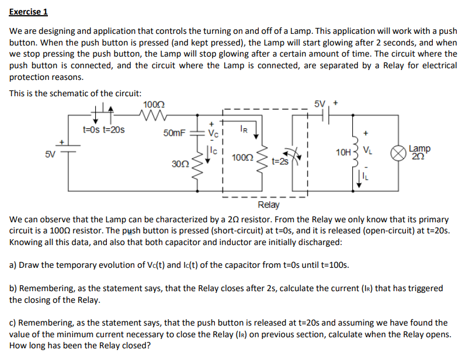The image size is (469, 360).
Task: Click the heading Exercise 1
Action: pyautogui.click(x=29, y=12)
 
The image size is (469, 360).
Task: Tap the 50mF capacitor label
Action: pyautogui.click(x=175, y=132)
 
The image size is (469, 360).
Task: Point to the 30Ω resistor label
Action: pyautogui.click(x=180, y=164)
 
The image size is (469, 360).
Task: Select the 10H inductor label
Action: pyautogui.click(x=343, y=153)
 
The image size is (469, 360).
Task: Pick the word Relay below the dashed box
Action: pyautogui.click(x=268, y=205)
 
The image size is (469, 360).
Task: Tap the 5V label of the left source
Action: pyautogui.click(x=51, y=155)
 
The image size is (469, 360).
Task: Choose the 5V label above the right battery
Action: pyautogui.click(x=320, y=104)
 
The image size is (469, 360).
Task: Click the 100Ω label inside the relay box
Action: pyautogui.click(x=242, y=158)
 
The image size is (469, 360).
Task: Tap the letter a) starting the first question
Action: pyautogui.click(x=14, y=265)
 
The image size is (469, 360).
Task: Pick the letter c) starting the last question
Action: pyautogui.click(x=13, y=322)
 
